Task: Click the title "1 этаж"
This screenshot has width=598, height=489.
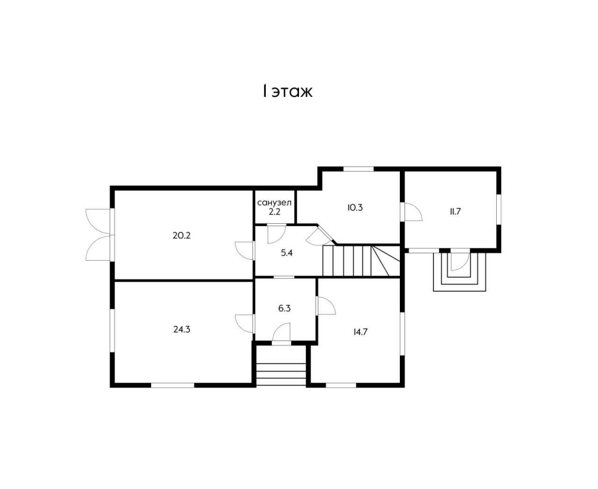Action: [x=287, y=91]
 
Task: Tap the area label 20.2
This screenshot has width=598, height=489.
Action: [x=181, y=235]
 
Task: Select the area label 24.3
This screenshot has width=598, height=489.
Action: [x=182, y=329]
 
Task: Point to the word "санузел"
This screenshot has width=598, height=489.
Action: [x=274, y=203]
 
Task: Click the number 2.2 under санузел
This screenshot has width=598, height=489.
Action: [x=275, y=212]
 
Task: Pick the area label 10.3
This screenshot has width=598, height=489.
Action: [x=355, y=208]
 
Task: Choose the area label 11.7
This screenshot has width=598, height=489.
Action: [x=456, y=212]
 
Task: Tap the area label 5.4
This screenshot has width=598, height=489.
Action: [x=287, y=253]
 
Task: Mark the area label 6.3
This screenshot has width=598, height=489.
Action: [x=285, y=308]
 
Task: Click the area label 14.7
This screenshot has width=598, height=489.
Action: [x=361, y=332]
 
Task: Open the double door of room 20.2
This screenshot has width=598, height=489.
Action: [x=99, y=235]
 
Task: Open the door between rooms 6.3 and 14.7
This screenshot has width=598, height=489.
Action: [x=326, y=306]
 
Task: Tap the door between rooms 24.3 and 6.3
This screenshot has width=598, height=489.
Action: [x=245, y=324]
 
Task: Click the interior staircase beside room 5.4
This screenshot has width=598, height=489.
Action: [x=361, y=261]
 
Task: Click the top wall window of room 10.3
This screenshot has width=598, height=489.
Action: [x=358, y=169]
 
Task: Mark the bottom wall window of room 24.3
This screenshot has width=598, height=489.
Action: [x=172, y=385]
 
